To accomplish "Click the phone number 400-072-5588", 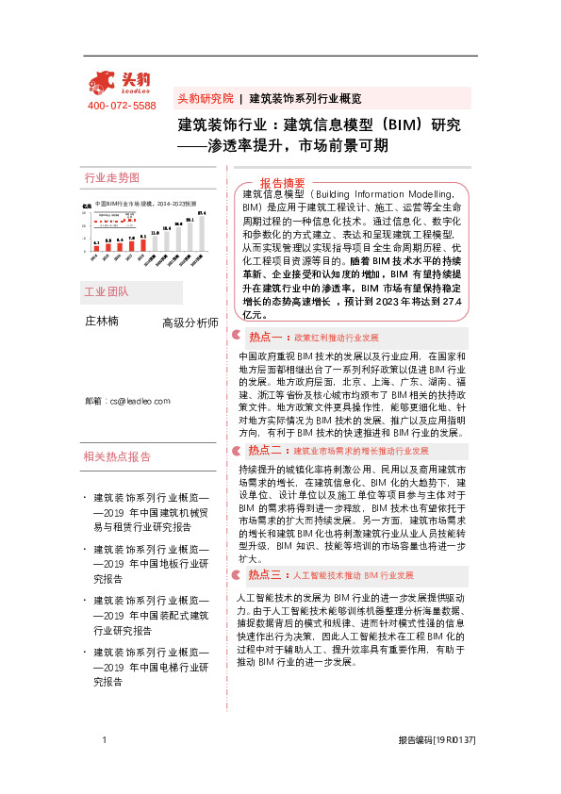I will pyautogui.click(x=122, y=106).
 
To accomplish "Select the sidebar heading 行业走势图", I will pyautogui.click(x=112, y=178).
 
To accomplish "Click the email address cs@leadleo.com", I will pyautogui.click(x=126, y=401).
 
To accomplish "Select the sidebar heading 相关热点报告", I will pyautogui.click(x=117, y=456).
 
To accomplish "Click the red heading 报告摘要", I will pyautogui.click(x=283, y=183).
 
